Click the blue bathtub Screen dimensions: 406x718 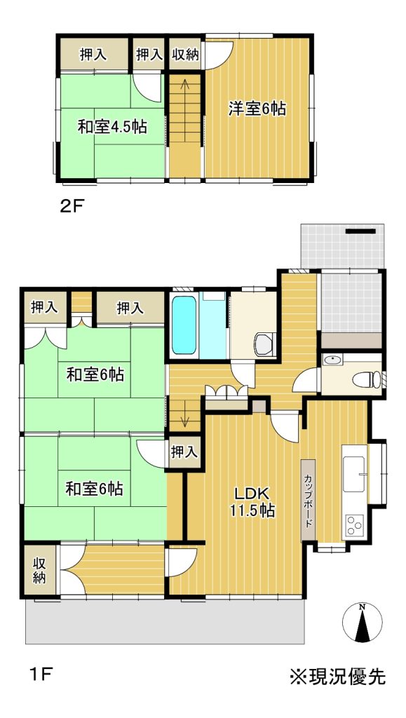(x=184, y=325)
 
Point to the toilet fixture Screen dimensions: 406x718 (x=367, y=379)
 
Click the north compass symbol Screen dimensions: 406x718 (x=362, y=623)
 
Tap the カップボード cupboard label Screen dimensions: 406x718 (x=307, y=500)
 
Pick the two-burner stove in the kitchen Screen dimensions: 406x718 (x=354, y=525)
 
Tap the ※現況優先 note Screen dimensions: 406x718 (x=337, y=677)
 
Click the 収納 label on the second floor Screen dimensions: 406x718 (x=185, y=55)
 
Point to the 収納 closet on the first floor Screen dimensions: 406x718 (x=40, y=569)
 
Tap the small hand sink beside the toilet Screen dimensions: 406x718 (x=332, y=361)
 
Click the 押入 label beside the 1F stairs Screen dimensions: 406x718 (x=184, y=452)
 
